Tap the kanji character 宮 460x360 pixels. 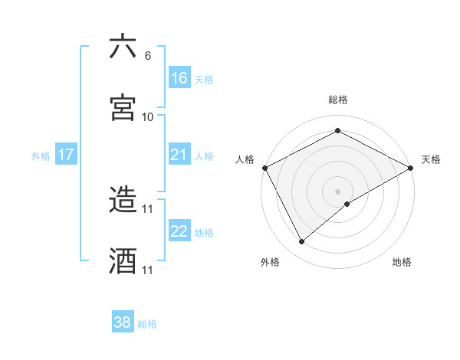point(123,108)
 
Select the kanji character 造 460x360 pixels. point(123,200)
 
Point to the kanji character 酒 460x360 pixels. point(123,261)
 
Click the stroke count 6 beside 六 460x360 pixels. point(148,56)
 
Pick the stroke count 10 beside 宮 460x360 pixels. point(148,117)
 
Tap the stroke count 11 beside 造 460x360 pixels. point(148,208)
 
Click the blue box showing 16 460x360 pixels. point(179,78)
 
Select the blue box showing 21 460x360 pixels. point(179,155)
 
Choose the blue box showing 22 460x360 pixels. point(179,232)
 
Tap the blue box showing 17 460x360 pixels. point(66,155)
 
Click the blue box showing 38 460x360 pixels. point(123,322)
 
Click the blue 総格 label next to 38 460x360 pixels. point(147,324)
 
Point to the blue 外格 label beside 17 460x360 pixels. point(41,156)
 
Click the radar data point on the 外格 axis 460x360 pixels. point(302,242)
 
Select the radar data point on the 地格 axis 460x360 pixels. point(347,204)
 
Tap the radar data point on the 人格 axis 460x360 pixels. point(264,167)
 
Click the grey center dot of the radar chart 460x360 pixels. point(338,191)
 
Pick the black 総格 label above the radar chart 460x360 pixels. point(338,100)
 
